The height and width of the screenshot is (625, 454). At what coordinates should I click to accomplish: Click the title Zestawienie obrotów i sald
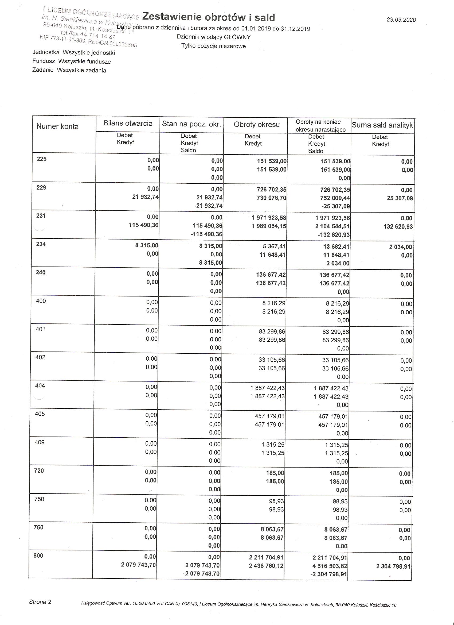(208, 17)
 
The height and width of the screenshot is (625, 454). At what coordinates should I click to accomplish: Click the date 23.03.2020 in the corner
(401, 20)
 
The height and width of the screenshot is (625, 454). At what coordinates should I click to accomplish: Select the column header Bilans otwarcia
(128, 123)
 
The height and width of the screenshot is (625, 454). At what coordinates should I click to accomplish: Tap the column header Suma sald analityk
(382, 125)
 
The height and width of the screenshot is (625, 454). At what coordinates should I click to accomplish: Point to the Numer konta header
(57, 126)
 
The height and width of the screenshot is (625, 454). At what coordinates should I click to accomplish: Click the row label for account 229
(41, 188)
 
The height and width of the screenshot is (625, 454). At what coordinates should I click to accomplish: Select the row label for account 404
(40, 385)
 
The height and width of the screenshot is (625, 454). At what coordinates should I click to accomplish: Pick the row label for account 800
(38, 555)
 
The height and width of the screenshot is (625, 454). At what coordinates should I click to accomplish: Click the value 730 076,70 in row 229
(271, 198)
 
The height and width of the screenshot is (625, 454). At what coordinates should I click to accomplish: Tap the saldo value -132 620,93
(333, 235)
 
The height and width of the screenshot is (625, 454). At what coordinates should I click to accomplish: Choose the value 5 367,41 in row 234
(273, 246)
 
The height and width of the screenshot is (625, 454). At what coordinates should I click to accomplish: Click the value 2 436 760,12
(266, 566)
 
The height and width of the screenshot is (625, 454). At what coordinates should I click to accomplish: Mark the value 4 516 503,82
(330, 566)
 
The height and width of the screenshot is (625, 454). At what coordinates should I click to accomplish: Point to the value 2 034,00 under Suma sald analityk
(400, 247)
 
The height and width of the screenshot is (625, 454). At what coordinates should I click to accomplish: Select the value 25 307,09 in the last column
(400, 198)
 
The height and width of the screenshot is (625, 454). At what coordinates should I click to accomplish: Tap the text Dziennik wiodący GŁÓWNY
(213, 37)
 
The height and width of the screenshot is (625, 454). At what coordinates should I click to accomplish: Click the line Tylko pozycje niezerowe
(213, 46)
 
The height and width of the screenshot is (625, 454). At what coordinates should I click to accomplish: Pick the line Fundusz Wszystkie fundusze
(72, 61)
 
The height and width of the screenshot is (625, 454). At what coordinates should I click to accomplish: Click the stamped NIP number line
(88, 41)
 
